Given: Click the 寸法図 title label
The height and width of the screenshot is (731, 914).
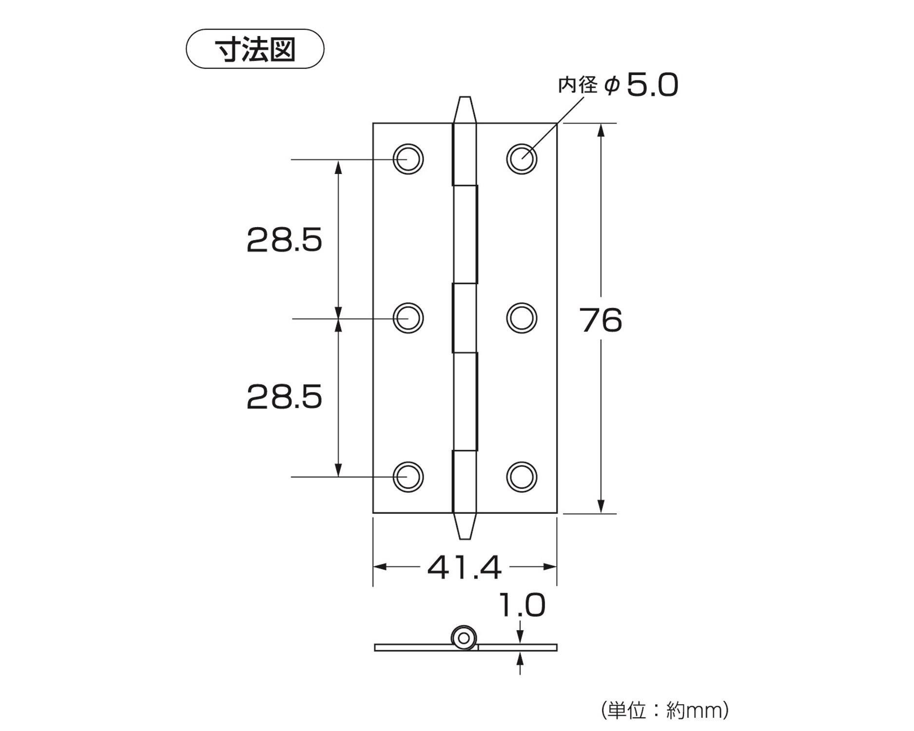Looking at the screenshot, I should click(255, 49).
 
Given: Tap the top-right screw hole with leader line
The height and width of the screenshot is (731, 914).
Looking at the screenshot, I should click(522, 159).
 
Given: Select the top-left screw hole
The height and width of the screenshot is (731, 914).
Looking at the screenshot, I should click(408, 159).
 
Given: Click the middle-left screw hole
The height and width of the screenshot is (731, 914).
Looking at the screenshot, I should click(408, 318).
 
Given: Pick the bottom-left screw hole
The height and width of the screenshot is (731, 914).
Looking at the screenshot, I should click(408, 476).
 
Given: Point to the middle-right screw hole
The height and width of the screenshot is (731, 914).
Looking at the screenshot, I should click(522, 318).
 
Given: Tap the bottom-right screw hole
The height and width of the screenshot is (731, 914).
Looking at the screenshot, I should click(522, 476).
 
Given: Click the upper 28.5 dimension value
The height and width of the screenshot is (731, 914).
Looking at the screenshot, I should click(284, 240).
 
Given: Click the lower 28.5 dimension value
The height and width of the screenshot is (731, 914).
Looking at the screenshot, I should click(284, 397).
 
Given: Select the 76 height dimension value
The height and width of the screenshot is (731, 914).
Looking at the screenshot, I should click(601, 321).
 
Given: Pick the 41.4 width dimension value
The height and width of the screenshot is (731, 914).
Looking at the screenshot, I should click(464, 568).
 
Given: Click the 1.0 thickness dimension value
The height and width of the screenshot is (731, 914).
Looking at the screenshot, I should click(522, 606).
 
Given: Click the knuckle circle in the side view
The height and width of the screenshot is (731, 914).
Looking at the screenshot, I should click(464, 638).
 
